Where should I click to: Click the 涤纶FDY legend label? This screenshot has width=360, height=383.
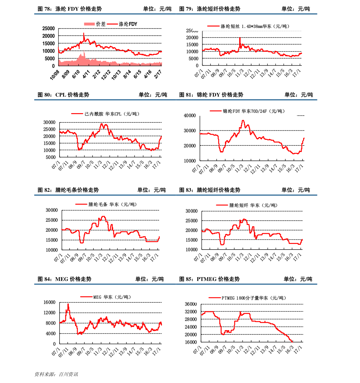pyautogui.click(x=128, y=24)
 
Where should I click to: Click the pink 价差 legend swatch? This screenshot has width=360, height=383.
pyautogui.click(x=89, y=24)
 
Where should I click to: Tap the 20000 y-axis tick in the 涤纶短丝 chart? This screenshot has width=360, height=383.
pyautogui.click(x=192, y=38)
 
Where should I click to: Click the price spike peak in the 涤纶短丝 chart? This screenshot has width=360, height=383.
pyautogui.click(x=240, y=38)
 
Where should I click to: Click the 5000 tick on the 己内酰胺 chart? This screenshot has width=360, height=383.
pyautogui.click(x=50, y=157)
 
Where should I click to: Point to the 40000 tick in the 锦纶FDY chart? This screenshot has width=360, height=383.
pyautogui.click(x=190, y=116)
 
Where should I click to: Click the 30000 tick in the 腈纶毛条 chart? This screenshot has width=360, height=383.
pyautogui.click(x=51, y=210)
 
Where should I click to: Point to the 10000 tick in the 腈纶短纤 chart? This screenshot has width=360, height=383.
pyautogui.click(x=192, y=250)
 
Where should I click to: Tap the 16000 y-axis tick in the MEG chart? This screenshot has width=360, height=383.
pyautogui.click(x=50, y=302)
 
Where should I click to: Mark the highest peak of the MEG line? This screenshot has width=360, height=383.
pyautogui.click(x=68, y=304)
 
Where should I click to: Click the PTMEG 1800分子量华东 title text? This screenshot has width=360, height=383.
pyautogui.click(x=254, y=298)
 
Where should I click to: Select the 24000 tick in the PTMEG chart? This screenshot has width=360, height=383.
pyautogui.click(x=191, y=327)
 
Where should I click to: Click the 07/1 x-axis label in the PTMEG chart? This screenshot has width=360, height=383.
pyautogui.click(x=197, y=350)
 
